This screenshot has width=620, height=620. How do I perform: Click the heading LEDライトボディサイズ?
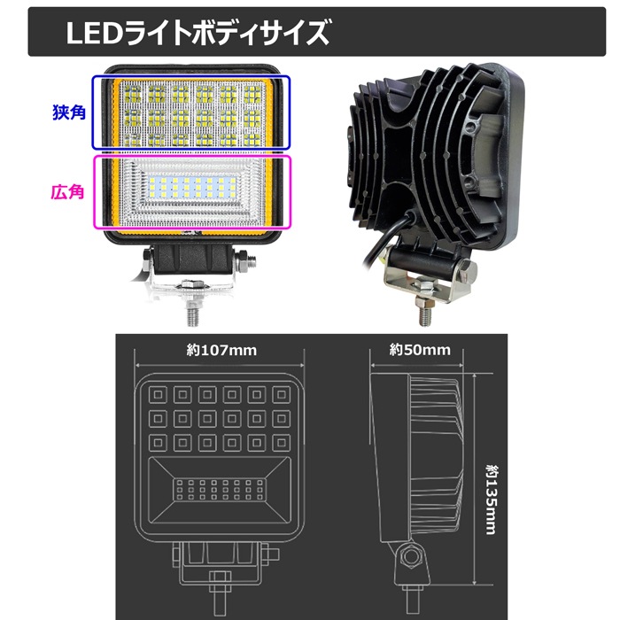[197, 34]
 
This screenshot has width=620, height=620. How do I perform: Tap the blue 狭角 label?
[69, 112]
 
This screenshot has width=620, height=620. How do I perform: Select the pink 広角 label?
[67, 192]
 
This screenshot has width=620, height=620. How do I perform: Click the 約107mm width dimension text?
[221, 351]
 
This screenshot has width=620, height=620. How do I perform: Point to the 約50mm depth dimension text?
[420, 350]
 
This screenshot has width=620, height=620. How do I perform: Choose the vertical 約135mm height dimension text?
[491, 500]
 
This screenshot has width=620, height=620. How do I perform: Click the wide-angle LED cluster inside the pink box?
[192, 188]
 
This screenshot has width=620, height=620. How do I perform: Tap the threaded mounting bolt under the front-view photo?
[192, 313]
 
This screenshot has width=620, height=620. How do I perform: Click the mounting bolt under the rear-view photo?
[425, 313]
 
